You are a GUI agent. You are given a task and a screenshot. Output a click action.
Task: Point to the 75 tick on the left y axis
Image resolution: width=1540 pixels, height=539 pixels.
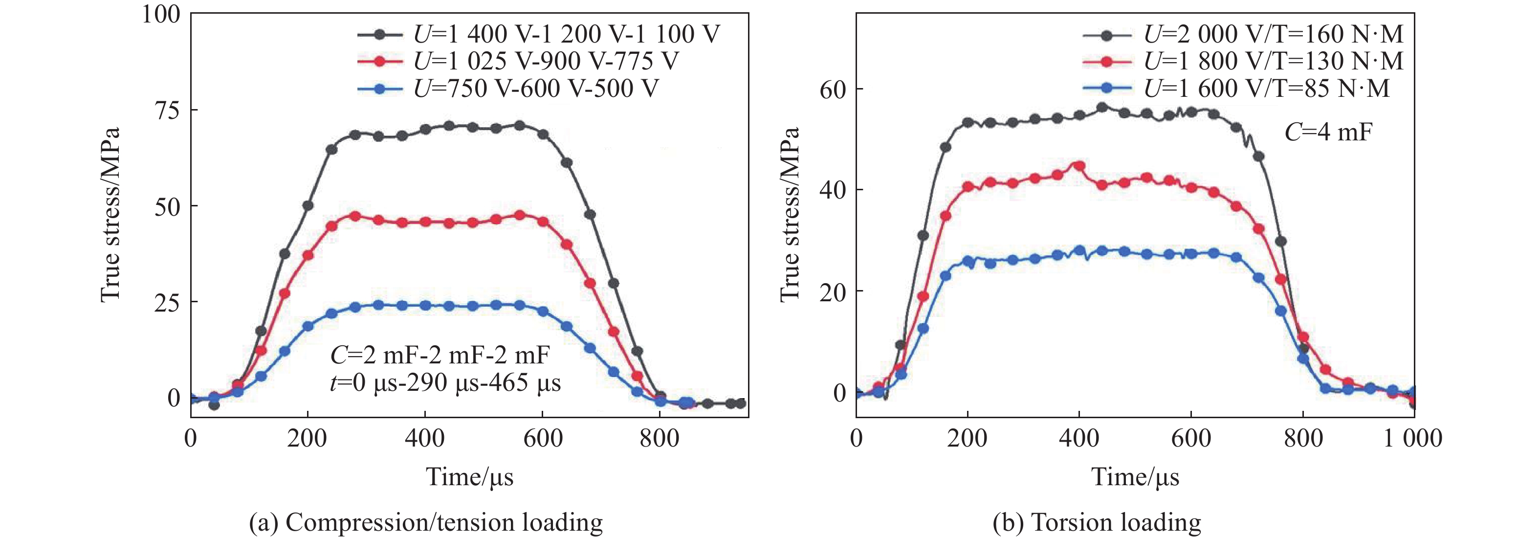click(167, 110)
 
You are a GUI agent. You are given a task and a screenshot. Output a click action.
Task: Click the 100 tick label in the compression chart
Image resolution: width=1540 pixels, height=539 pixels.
click(161, 14)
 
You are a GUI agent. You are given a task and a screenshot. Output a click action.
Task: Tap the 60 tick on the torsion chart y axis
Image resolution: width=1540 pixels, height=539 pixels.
click(832, 90)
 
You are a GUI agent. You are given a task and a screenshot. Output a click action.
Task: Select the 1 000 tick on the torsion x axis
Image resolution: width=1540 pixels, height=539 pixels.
click(1413, 439)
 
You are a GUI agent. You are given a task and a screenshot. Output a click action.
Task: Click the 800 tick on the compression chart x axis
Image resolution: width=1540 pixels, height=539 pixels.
click(659, 439)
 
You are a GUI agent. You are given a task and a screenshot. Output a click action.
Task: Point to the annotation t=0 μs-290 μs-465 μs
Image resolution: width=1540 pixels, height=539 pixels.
click(445, 382)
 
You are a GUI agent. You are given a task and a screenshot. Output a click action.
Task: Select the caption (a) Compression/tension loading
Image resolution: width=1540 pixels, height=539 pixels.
click(426, 522)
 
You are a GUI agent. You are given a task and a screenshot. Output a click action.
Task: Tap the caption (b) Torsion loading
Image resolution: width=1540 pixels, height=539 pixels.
click(1097, 522)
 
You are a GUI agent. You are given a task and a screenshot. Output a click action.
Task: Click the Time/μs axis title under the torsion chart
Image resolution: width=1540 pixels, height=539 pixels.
click(1135, 477)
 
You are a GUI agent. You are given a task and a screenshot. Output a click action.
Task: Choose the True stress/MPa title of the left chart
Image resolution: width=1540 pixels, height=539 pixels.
click(110, 214)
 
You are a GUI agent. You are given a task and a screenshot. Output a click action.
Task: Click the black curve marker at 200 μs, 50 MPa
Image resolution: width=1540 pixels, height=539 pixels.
click(308, 206)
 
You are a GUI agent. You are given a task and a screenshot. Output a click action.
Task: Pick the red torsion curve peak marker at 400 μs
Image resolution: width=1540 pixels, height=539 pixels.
click(1079, 166)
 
